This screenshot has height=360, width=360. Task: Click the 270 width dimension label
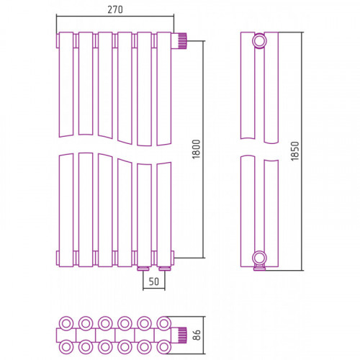pos(115,9)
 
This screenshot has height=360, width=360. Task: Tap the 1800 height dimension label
pos(197,149)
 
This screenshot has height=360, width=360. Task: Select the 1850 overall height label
pos(295,151)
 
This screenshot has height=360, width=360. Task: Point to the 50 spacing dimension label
pos(153,282)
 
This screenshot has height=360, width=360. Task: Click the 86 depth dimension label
pos(197,335)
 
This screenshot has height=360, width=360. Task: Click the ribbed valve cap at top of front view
pos(181,41)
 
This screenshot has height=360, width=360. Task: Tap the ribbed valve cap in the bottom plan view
pos(181,335)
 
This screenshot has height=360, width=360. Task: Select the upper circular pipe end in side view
pos(259,41)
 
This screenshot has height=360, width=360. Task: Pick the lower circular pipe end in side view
pos(259,258)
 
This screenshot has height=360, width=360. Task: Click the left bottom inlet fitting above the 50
pos(143,269)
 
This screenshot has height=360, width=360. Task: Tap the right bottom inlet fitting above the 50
pos(164,269)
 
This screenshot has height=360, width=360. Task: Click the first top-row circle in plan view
pos(66,323)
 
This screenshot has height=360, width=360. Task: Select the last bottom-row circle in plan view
pos(164,347)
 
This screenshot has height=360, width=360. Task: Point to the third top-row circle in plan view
pos(105,323)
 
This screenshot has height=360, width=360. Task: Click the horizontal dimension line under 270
pos(115,17)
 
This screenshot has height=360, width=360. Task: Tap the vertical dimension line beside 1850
pos(302,151)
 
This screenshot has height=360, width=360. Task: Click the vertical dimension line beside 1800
pos(204,150)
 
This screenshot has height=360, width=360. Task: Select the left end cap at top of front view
pos(58,41)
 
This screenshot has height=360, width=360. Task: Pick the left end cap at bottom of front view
pos(58,258)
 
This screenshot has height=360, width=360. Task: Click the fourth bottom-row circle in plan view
pos(125,347)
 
